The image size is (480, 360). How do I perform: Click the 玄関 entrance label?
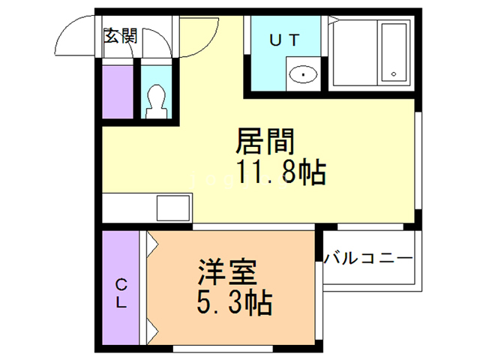coord(120,35)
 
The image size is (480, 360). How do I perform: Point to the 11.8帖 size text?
coord(281,174)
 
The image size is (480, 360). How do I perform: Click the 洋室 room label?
coord(227,270)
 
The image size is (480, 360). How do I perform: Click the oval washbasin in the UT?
coord(303,74)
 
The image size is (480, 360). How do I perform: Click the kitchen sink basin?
coord(174,206)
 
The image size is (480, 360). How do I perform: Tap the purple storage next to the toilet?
coord(116,91)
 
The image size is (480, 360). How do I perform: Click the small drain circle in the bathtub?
coord(393,74)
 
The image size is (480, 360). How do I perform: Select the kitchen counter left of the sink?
coord(127,206)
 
